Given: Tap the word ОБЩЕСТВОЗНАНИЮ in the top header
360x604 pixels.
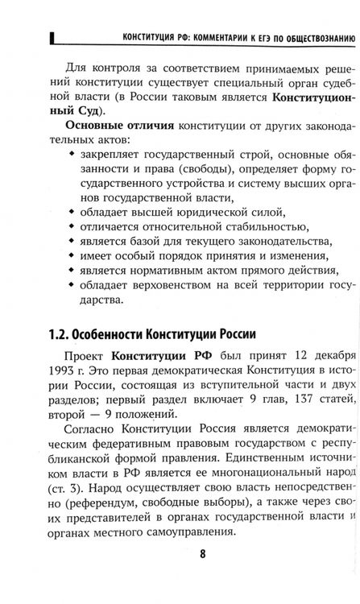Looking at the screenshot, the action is tap(310, 37).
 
